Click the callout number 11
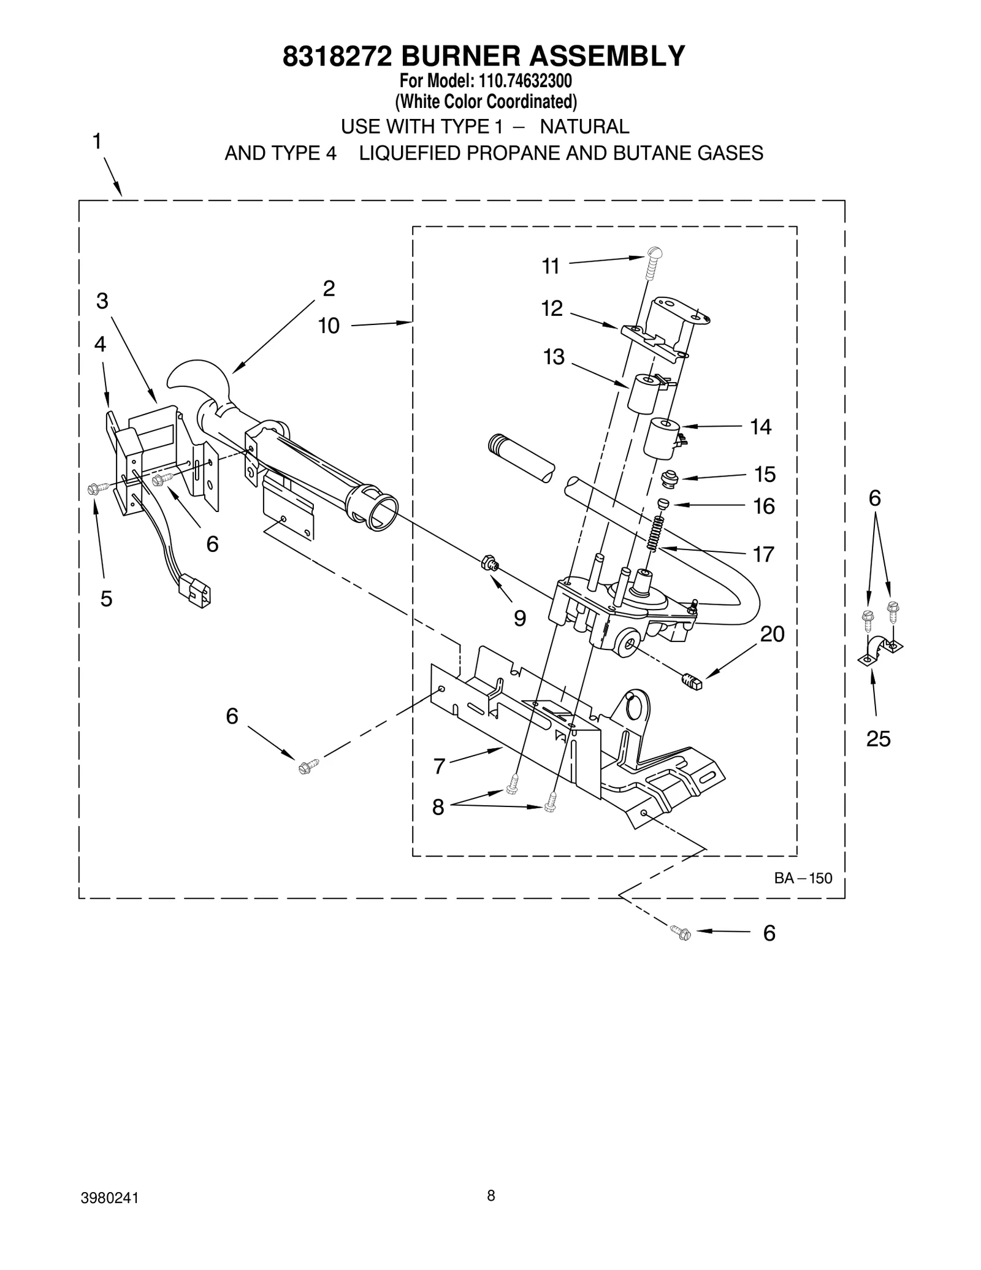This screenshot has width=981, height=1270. click(x=550, y=267)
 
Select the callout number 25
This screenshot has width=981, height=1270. click(x=877, y=739)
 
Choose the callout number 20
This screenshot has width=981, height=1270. click(x=772, y=634)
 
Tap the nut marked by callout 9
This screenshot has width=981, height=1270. click(x=489, y=561)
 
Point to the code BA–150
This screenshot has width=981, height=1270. click(x=803, y=878)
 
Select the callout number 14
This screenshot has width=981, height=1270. click(x=760, y=427)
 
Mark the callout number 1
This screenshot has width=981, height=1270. click(x=97, y=142)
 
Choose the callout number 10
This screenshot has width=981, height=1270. click(x=329, y=326)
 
